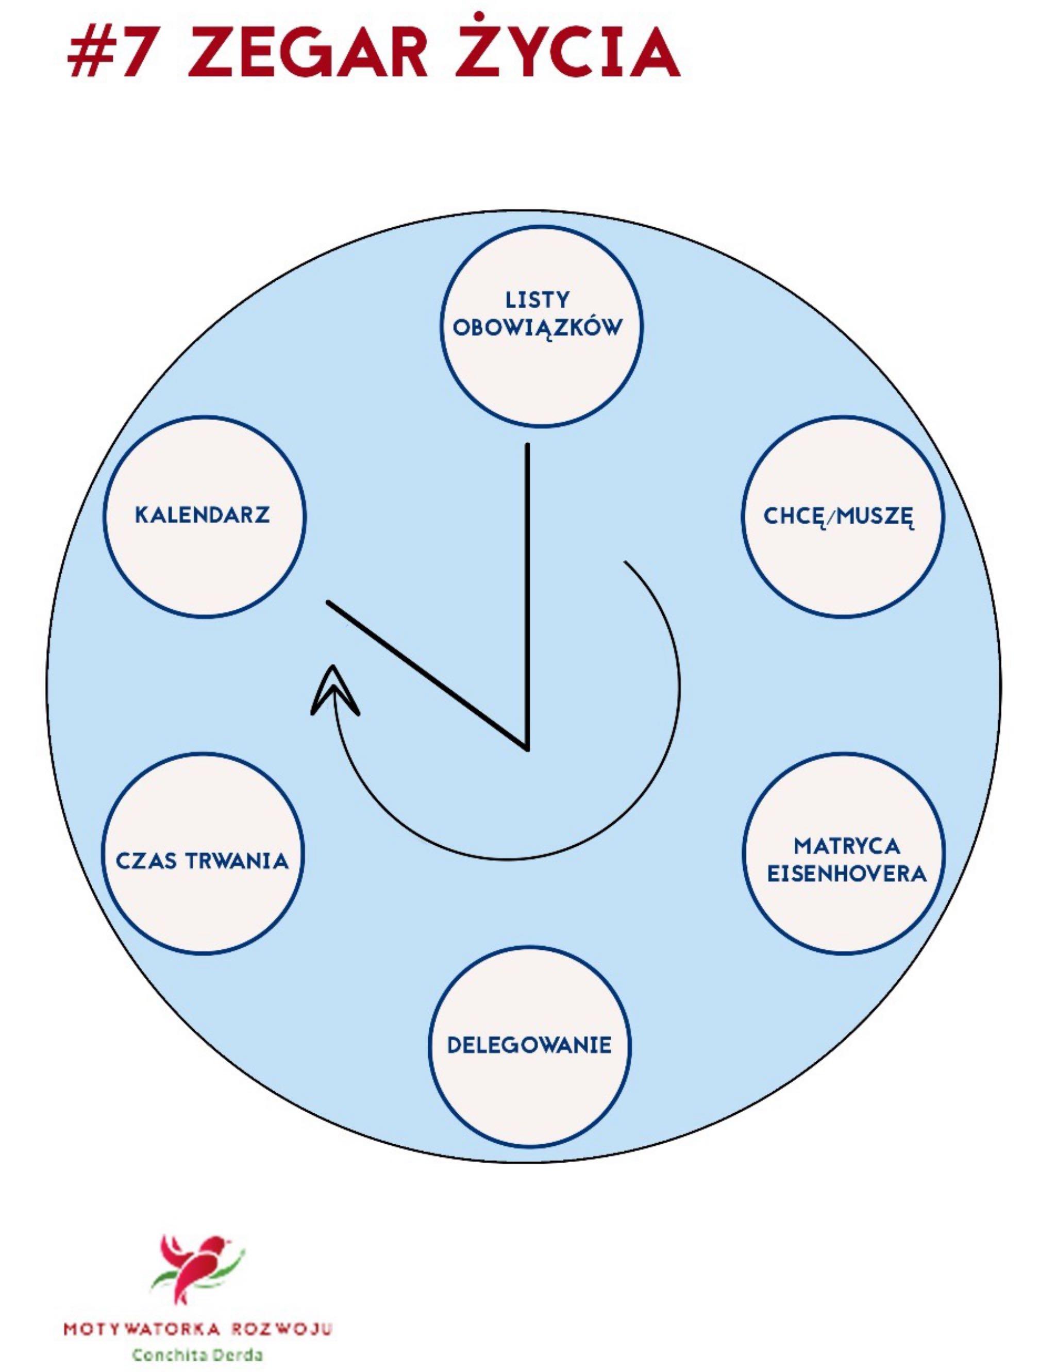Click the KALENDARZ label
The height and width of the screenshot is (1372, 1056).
click(x=202, y=515)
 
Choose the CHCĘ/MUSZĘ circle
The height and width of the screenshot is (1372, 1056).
click(x=843, y=565)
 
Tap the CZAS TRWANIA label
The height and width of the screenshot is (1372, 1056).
click(x=202, y=861)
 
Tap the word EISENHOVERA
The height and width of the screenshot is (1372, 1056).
click(x=846, y=874)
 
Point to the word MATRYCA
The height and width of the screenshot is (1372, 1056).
click(x=846, y=846)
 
